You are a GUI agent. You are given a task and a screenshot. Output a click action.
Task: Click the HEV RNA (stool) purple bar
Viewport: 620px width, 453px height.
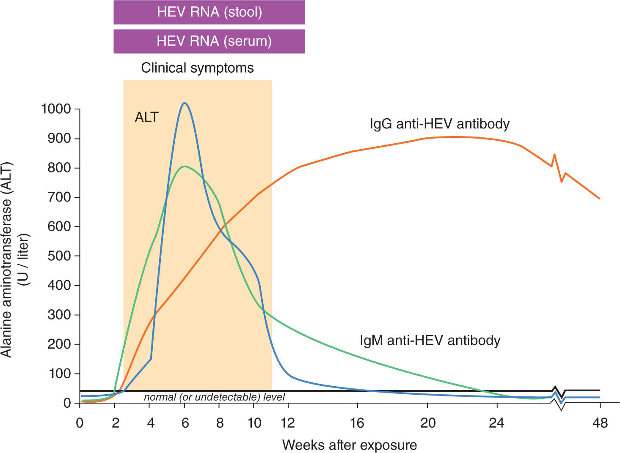[209, 12]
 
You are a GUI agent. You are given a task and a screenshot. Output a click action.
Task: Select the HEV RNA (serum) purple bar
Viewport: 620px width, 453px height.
[209, 41]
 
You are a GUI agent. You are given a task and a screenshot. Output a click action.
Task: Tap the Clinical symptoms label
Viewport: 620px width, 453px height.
[197, 68]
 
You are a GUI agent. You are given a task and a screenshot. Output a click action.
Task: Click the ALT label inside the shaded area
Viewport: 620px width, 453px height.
[146, 117]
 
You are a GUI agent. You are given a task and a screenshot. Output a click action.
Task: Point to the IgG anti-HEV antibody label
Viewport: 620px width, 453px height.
[439, 124]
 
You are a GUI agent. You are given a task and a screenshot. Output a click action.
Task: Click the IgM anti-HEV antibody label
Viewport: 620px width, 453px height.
[430, 340]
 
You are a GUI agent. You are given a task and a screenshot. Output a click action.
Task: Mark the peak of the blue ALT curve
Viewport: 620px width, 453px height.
[184, 103]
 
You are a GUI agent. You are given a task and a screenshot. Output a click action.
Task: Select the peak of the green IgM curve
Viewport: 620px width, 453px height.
[184, 166]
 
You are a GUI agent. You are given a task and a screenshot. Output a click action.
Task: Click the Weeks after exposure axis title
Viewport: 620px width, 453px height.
[349, 445]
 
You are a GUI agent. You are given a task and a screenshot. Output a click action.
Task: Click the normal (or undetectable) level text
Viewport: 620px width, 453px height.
[214, 397]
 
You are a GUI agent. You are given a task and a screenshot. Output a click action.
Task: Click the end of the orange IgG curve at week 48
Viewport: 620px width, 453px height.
[599, 198]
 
